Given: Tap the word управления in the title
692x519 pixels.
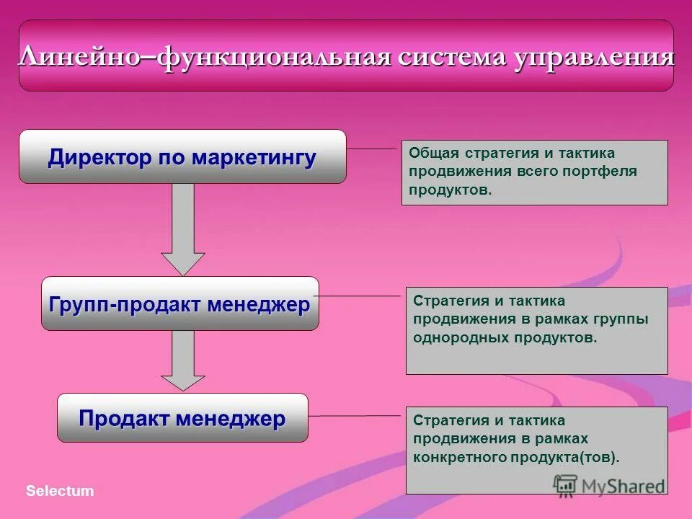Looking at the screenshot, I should pos(594,57).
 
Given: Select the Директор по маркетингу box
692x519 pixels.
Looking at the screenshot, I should pos(182,157).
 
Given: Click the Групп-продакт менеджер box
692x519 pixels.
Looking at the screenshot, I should pos(179,304).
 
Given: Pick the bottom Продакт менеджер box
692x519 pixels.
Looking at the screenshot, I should pos(182,418).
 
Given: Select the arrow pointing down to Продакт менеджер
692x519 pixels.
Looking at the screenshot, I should pos(183,360).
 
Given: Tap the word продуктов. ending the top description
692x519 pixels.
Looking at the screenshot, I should pos(451,190).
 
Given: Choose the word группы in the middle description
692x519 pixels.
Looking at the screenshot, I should pos(622,319).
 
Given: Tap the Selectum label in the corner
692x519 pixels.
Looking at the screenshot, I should pos(60,491).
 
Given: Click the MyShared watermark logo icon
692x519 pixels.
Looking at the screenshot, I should pos(566,484).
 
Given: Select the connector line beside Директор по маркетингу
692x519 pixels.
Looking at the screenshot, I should pos(373,148).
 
